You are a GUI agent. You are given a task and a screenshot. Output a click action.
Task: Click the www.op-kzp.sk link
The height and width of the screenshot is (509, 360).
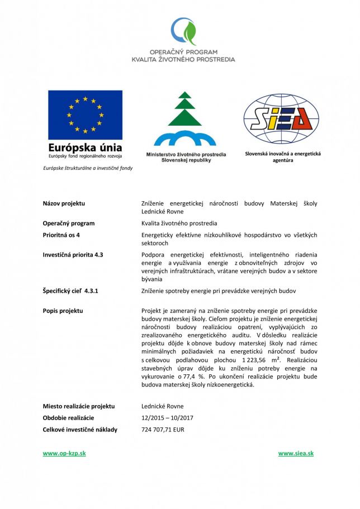coord(64,453)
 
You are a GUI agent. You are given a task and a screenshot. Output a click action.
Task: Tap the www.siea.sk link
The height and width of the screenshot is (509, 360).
coord(296,453)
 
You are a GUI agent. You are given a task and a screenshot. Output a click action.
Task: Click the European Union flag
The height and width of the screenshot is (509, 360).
coord(85,115)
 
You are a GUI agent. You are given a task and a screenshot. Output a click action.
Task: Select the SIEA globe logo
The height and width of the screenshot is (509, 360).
coord(281,118)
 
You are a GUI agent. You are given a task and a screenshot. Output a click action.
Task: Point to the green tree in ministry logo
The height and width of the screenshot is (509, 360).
coord(184,109)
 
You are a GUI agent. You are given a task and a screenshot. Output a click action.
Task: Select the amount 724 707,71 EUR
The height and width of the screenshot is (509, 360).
coord(163,430)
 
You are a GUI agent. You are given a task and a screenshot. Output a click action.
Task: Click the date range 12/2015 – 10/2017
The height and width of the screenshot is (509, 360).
coord(168,418)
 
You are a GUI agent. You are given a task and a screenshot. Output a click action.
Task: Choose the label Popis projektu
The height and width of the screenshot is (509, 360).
coord(63,310)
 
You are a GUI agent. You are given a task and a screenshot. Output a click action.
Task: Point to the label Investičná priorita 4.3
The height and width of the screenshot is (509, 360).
coord(73,255)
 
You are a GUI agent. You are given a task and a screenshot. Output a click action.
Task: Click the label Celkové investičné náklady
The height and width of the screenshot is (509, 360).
coord(80,430)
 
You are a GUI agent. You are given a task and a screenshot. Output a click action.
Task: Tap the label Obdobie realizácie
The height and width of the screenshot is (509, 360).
coord(68,418)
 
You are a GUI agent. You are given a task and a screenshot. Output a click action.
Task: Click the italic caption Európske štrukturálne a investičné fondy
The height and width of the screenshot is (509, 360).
coord(88,168)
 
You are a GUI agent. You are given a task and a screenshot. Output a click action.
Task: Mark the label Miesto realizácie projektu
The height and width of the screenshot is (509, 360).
coord(79,406)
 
